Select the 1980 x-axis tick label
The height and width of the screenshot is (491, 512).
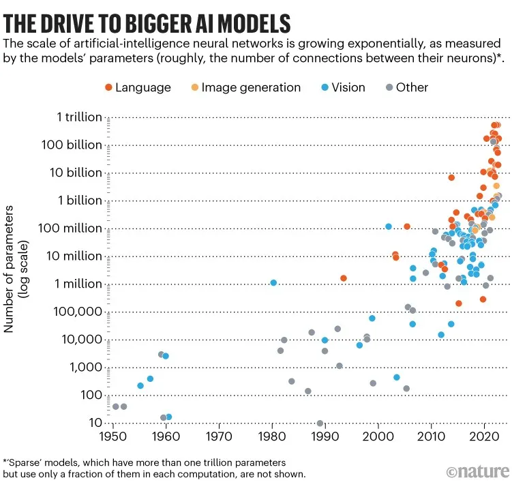click(x=272, y=436)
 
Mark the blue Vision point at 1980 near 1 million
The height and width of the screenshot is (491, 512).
click(x=273, y=282)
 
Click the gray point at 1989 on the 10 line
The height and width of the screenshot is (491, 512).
click(x=320, y=423)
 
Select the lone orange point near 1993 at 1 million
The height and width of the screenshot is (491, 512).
click(x=344, y=278)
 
